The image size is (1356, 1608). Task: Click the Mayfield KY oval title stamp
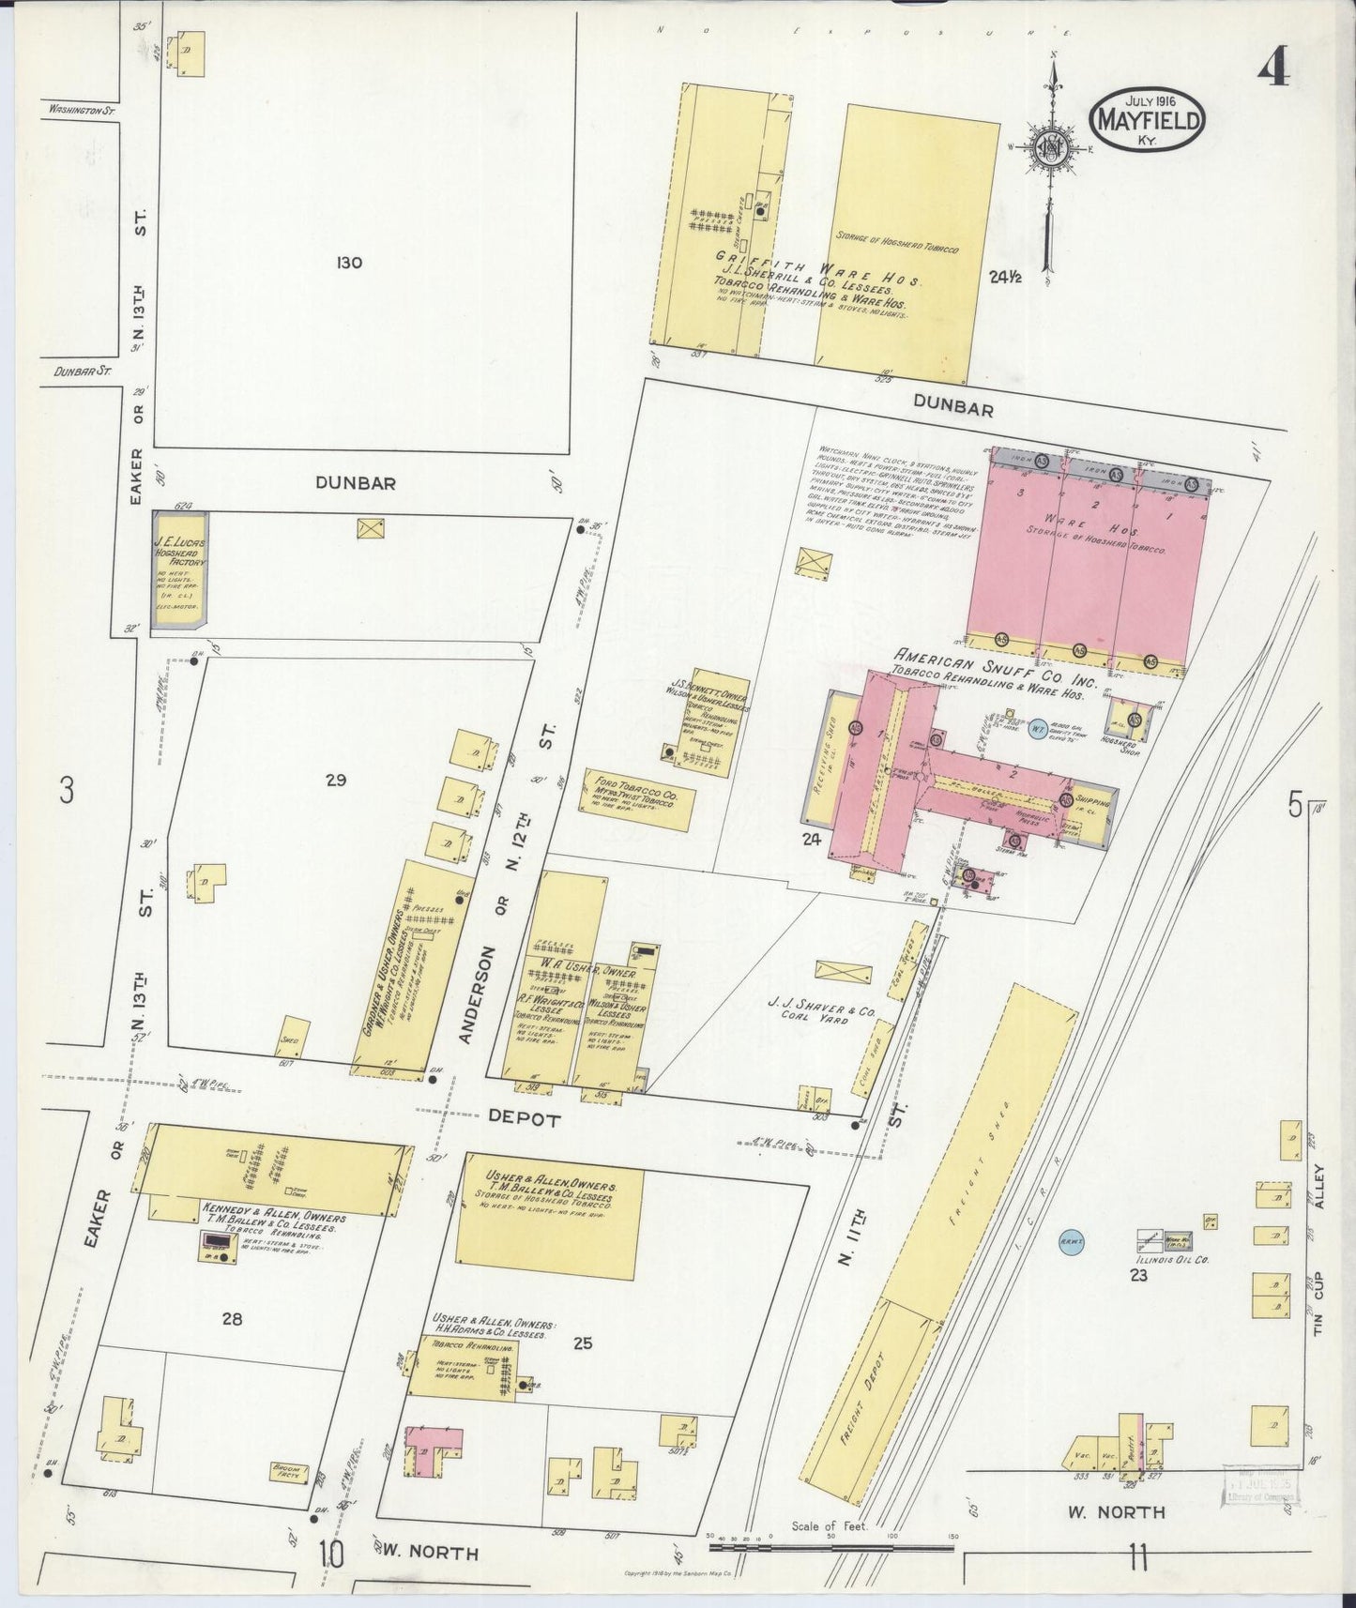point(1146,120)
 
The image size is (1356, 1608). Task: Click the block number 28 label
point(232,1318)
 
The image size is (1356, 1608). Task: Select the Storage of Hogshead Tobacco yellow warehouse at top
point(906,244)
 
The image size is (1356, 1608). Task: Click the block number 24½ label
point(1010,277)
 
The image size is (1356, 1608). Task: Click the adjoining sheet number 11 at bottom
point(1138,1561)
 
